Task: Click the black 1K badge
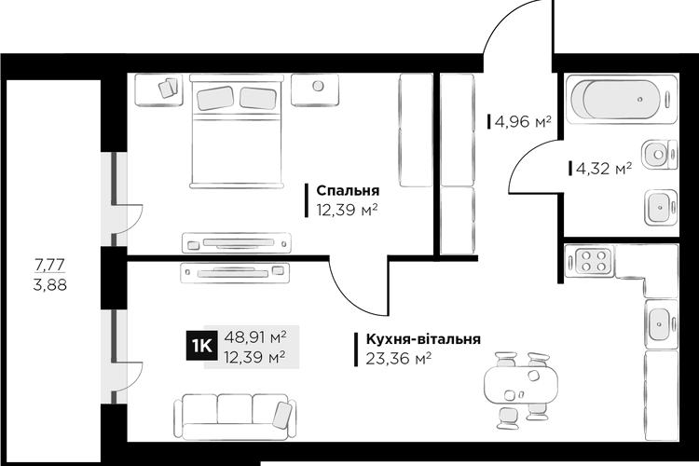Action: (202, 345)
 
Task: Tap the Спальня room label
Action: (348, 190)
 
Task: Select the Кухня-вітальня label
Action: (423, 339)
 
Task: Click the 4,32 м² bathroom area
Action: (604, 168)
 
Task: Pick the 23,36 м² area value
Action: (399, 358)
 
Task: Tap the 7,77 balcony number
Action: (50, 265)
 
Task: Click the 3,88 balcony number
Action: (50, 284)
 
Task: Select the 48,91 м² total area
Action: (254, 336)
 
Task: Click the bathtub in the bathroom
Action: (622, 99)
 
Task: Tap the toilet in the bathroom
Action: (659, 155)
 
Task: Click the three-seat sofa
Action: (235, 417)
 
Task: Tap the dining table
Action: (521, 385)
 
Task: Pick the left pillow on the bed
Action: (215, 98)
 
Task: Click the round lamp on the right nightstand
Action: (318, 86)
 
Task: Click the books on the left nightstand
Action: (168, 88)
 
